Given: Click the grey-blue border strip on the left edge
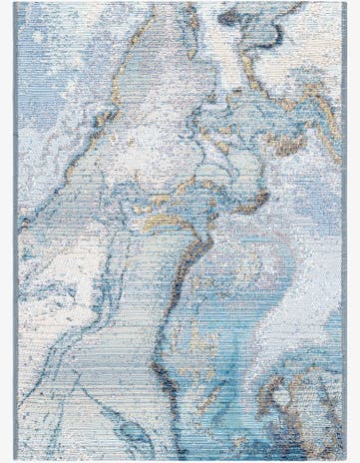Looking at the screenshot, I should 19,230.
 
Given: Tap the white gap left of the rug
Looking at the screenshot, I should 7,230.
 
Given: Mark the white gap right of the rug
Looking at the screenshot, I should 354,230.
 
